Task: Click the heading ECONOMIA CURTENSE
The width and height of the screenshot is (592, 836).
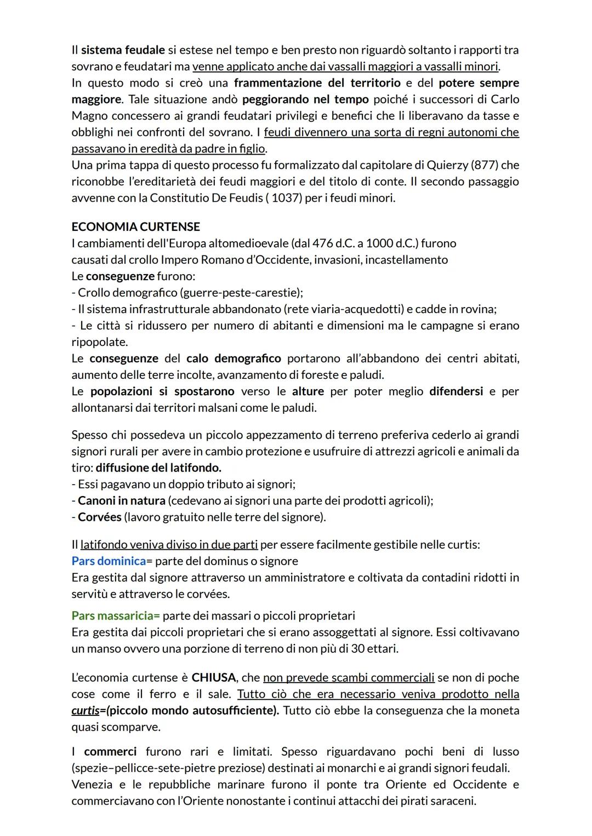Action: pyautogui.click(x=135, y=227)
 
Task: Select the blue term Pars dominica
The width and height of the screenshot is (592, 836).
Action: pyautogui.click(x=109, y=561)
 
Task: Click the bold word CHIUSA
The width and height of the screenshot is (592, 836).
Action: pyautogui.click(x=214, y=678)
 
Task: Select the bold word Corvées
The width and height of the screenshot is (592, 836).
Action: pyautogui.click(x=100, y=517)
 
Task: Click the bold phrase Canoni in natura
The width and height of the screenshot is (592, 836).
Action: pyautogui.click(x=122, y=501)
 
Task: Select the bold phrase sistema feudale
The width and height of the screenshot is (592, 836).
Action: pyautogui.click(x=123, y=50)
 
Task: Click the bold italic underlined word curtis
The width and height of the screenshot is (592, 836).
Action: pyautogui.click(x=86, y=710)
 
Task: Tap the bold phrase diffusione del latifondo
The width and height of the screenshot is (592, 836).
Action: pyautogui.click(x=158, y=468)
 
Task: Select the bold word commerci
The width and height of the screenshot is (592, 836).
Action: pyautogui.click(x=110, y=752)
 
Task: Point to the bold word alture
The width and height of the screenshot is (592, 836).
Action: pyautogui.click(x=308, y=391)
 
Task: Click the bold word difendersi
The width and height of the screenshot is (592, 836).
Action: pyautogui.click(x=456, y=391)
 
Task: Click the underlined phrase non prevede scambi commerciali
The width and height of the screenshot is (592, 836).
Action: pyautogui.click(x=349, y=678)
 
